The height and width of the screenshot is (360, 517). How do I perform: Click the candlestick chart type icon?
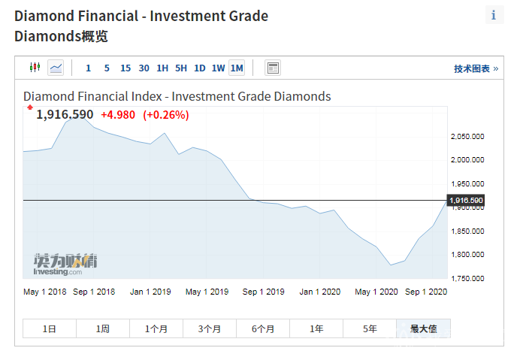34,68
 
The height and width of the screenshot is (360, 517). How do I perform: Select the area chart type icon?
56,68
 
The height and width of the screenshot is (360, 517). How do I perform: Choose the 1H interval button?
162,68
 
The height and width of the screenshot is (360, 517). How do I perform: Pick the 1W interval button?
218,68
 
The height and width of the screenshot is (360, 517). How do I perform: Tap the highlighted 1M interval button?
237,68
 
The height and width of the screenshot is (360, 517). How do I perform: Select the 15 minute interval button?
125,68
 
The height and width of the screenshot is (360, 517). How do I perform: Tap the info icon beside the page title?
494,15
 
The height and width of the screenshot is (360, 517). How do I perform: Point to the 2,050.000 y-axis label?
467,137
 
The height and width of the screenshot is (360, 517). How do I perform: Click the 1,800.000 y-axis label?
467,255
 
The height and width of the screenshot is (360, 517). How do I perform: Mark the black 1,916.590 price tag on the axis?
466,200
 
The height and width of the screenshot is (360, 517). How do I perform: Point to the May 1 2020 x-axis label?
376,292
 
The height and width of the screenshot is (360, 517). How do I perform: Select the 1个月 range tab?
156,328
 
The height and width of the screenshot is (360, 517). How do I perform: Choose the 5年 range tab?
370,328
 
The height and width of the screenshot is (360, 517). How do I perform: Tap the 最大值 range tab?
424,328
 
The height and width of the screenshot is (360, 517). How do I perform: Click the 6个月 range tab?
263,328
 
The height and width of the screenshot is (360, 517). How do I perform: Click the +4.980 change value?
117,114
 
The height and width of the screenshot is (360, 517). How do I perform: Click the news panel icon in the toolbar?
273,68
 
